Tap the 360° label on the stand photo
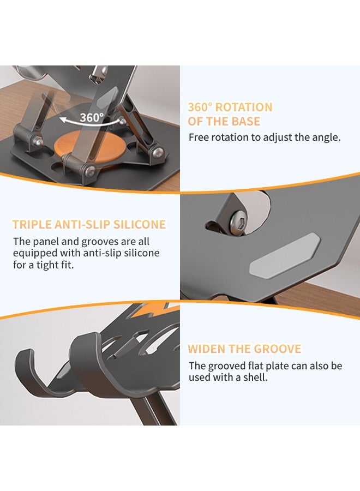coord(91,117)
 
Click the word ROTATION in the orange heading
coord(242,107)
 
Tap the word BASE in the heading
coord(246,121)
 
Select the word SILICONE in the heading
coord(138,225)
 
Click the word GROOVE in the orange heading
coord(281,349)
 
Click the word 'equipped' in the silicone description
coord(34,253)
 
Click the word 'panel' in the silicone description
coord(45,241)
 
